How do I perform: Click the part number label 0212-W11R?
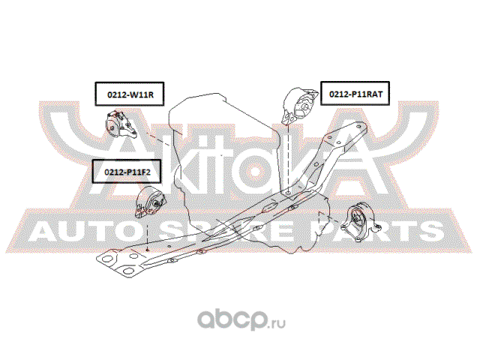pyautogui.click(x=130, y=94)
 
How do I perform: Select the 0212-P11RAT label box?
pyautogui.click(x=355, y=93)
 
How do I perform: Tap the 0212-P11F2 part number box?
pyautogui.click(x=127, y=172)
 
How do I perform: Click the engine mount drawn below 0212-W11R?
pyautogui.click(x=121, y=125)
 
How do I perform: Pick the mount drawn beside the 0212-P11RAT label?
pyautogui.click(x=299, y=106)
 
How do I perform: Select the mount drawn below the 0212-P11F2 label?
pyautogui.click(x=151, y=202)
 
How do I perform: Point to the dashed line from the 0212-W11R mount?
pyautogui.click(x=157, y=139)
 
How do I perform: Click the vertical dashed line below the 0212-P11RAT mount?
pyautogui.click(x=289, y=157)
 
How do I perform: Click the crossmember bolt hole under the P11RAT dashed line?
pyautogui.click(x=289, y=193)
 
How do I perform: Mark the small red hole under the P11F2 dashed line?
pyautogui.click(x=148, y=250)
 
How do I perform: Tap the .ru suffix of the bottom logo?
pyautogui.click(x=277, y=323)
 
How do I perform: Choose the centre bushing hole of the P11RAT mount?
pyautogui.click(x=305, y=106)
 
